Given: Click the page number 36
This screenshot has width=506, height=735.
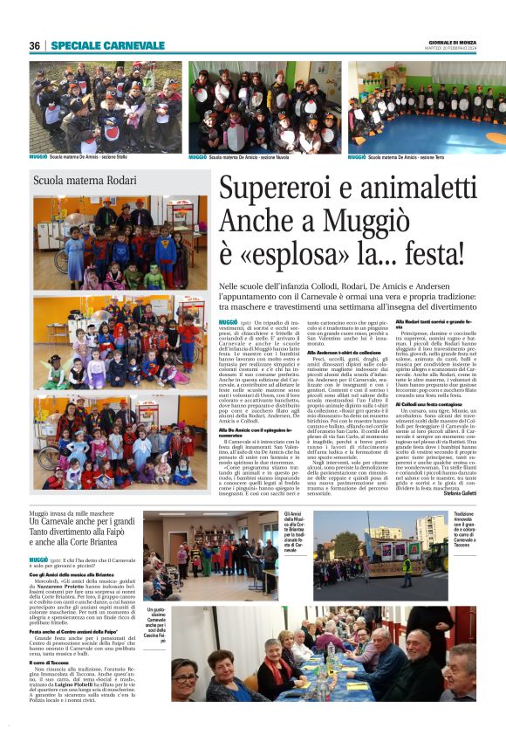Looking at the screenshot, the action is click(x=34, y=45).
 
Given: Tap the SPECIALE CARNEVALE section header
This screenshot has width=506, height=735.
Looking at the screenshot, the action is click(x=107, y=45).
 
